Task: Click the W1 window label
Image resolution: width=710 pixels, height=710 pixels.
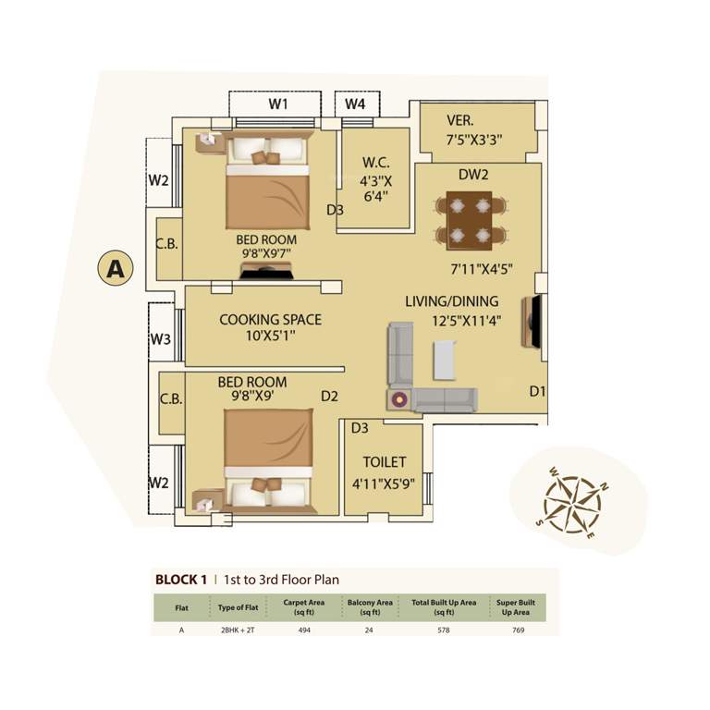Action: pyautogui.click(x=278, y=104)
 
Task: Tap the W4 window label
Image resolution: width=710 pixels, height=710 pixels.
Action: pyautogui.click(x=355, y=104)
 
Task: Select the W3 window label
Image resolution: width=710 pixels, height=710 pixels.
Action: pyautogui.click(x=161, y=339)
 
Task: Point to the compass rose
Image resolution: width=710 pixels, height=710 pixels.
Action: pyautogui.click(x=572, y=505)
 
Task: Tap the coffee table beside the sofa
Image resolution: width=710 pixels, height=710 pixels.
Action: pyautogui.click(x=444, y=360)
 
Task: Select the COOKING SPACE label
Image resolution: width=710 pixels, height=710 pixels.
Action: pyautogui.click(x=270, y=320)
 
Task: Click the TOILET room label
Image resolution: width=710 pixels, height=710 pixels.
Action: pyautogui.click(x=385, y=462)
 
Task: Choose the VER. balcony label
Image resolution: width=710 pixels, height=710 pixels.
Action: pyautogui.click(x=460, y=121)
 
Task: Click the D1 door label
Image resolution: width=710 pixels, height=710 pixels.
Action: pyautogui.click(x=537, y=392)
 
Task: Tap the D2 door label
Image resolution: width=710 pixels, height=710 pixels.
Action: pyautogui.click(x=330, y=397)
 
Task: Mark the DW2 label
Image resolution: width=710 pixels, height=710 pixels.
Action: pyautogui.click(x=473, y=174)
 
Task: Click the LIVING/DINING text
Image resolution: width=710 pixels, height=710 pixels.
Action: pyautogui.click(x=451, y=301)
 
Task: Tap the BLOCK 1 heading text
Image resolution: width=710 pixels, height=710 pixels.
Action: pyautogui.click(x=180, y=580)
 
